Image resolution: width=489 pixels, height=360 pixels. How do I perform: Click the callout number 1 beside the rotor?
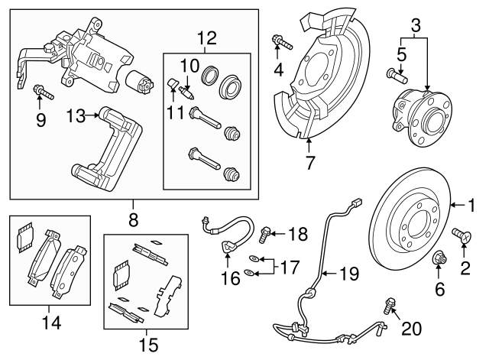(x=471, y=204)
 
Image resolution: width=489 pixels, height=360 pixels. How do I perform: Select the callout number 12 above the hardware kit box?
(x=207, y=37)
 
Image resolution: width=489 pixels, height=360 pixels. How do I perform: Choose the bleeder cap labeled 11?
(x=173, y=83)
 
